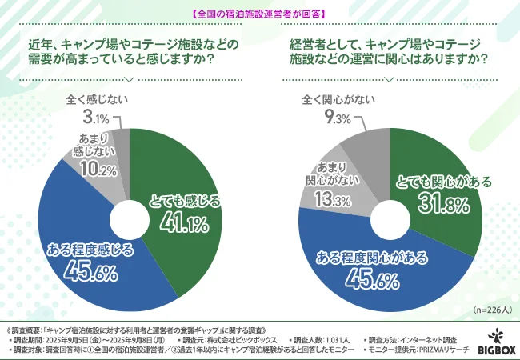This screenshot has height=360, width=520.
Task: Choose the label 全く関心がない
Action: [x=339, y=102]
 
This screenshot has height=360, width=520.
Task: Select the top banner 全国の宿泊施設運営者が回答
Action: [x=259, y=14]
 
